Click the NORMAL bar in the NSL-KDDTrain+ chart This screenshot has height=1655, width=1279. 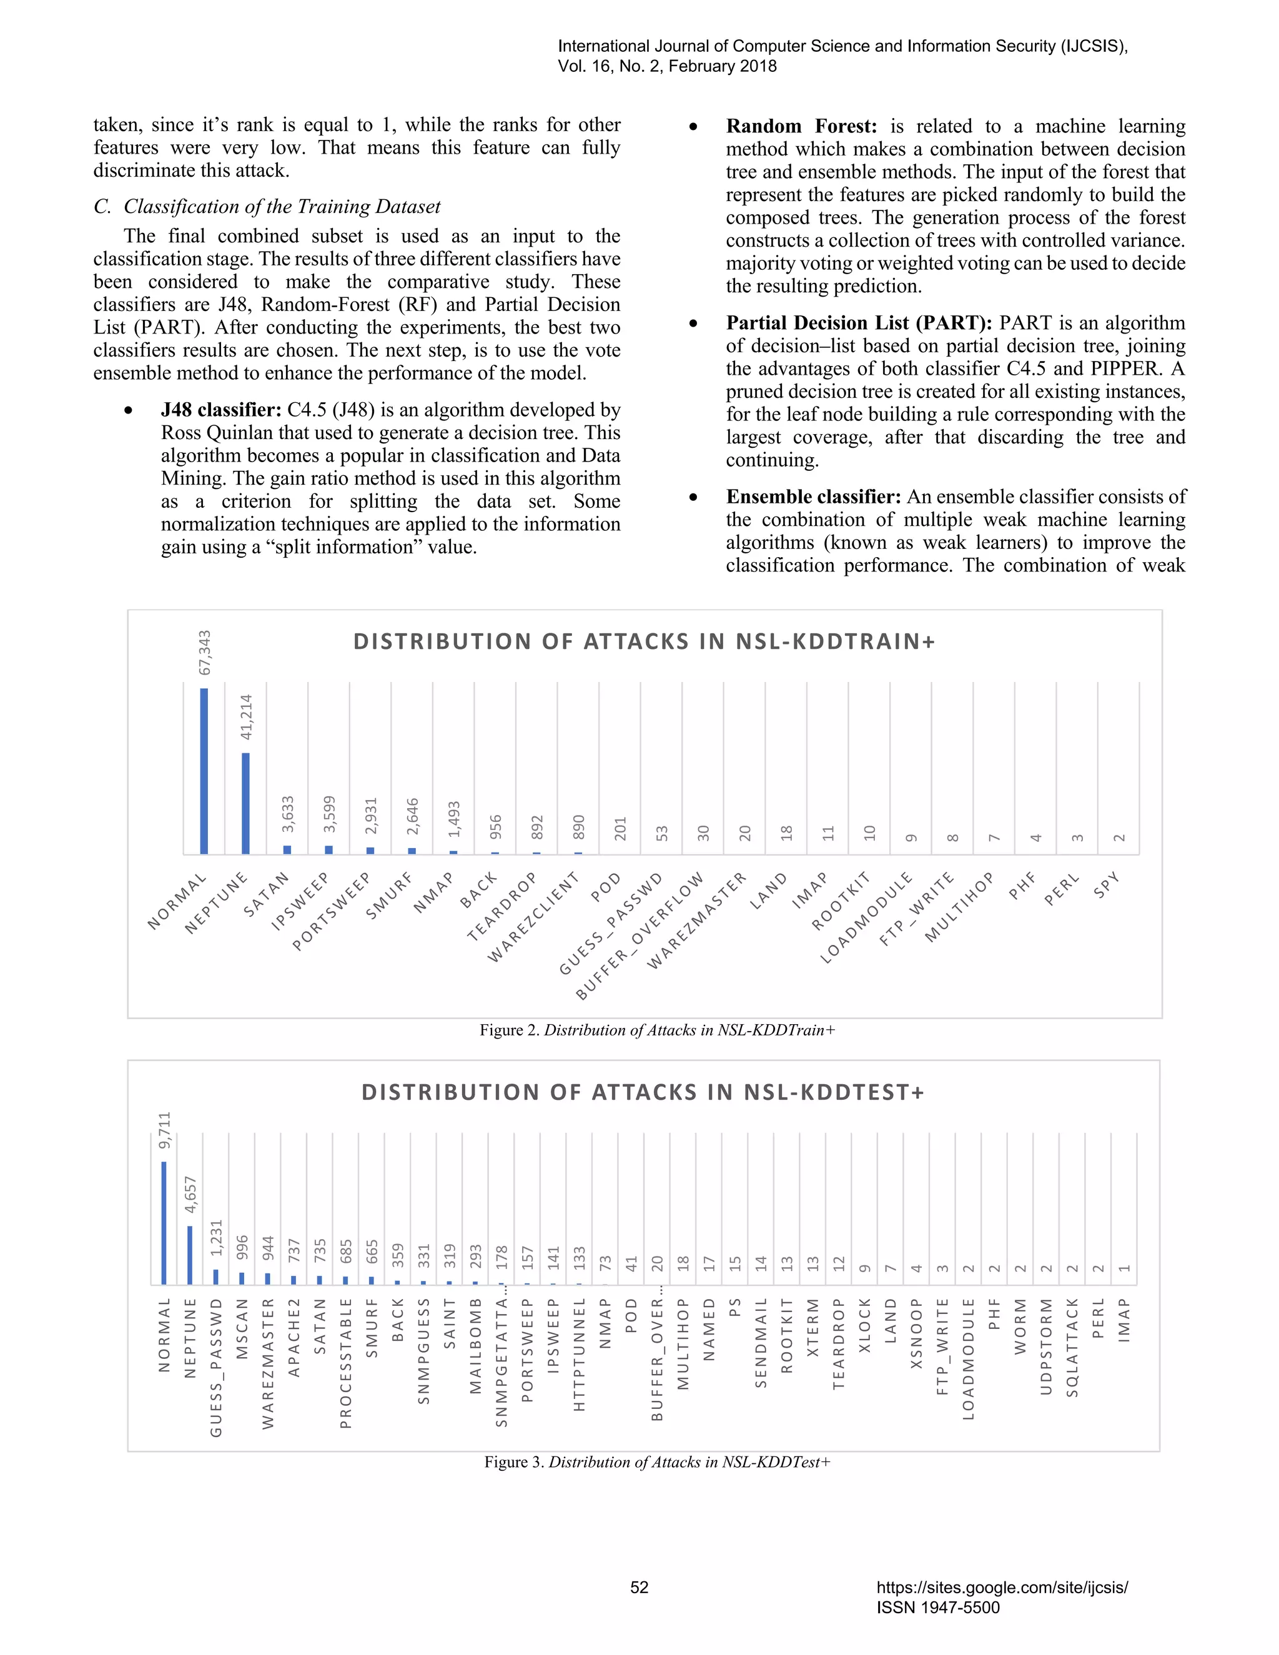coord(204,771)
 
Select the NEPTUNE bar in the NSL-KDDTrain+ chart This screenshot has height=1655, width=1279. coord(245,803)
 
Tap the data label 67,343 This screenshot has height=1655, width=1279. coord(205,653)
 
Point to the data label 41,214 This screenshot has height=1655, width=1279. coord(246,717)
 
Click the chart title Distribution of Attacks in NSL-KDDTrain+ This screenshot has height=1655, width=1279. coord(644,642)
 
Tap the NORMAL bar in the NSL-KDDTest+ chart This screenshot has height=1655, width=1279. coord(164,1222)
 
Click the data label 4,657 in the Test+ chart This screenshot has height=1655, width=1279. coord(190,1194)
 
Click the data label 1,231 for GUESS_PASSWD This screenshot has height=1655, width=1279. coord(217,1237)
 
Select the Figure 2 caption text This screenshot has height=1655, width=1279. coord(657,1030)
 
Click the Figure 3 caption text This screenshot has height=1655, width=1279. coord(657,1462)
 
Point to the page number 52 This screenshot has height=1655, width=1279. coord(639,1587)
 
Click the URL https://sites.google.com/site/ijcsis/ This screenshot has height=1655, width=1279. coord(1002,1587)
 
